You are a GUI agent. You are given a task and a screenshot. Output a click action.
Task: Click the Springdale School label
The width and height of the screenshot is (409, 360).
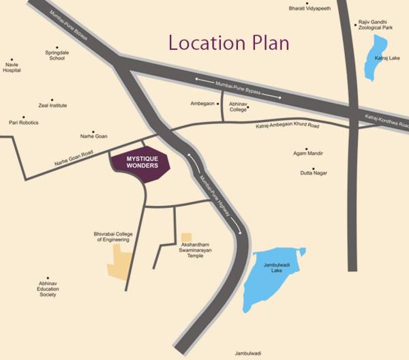(x=56, y=55)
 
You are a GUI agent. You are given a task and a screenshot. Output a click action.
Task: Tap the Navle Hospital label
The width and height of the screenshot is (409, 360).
(x=12, y=67)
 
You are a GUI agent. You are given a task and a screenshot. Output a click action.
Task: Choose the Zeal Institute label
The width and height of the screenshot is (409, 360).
(x=52, y=106)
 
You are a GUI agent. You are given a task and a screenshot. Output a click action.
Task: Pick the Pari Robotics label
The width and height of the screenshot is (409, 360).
(x=24, y=123)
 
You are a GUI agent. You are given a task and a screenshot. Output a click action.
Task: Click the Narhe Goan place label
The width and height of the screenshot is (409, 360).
(x=94, y=136)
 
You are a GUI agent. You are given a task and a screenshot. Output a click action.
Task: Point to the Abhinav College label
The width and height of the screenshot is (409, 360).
(x=239, y=106)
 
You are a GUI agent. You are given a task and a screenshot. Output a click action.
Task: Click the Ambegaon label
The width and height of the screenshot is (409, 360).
(x=202, y=104)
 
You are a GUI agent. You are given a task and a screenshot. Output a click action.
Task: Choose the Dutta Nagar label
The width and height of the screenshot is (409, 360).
(x=314, y=173)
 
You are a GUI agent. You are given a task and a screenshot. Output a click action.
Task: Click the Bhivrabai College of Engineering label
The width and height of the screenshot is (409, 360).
(x=112, y=237)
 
